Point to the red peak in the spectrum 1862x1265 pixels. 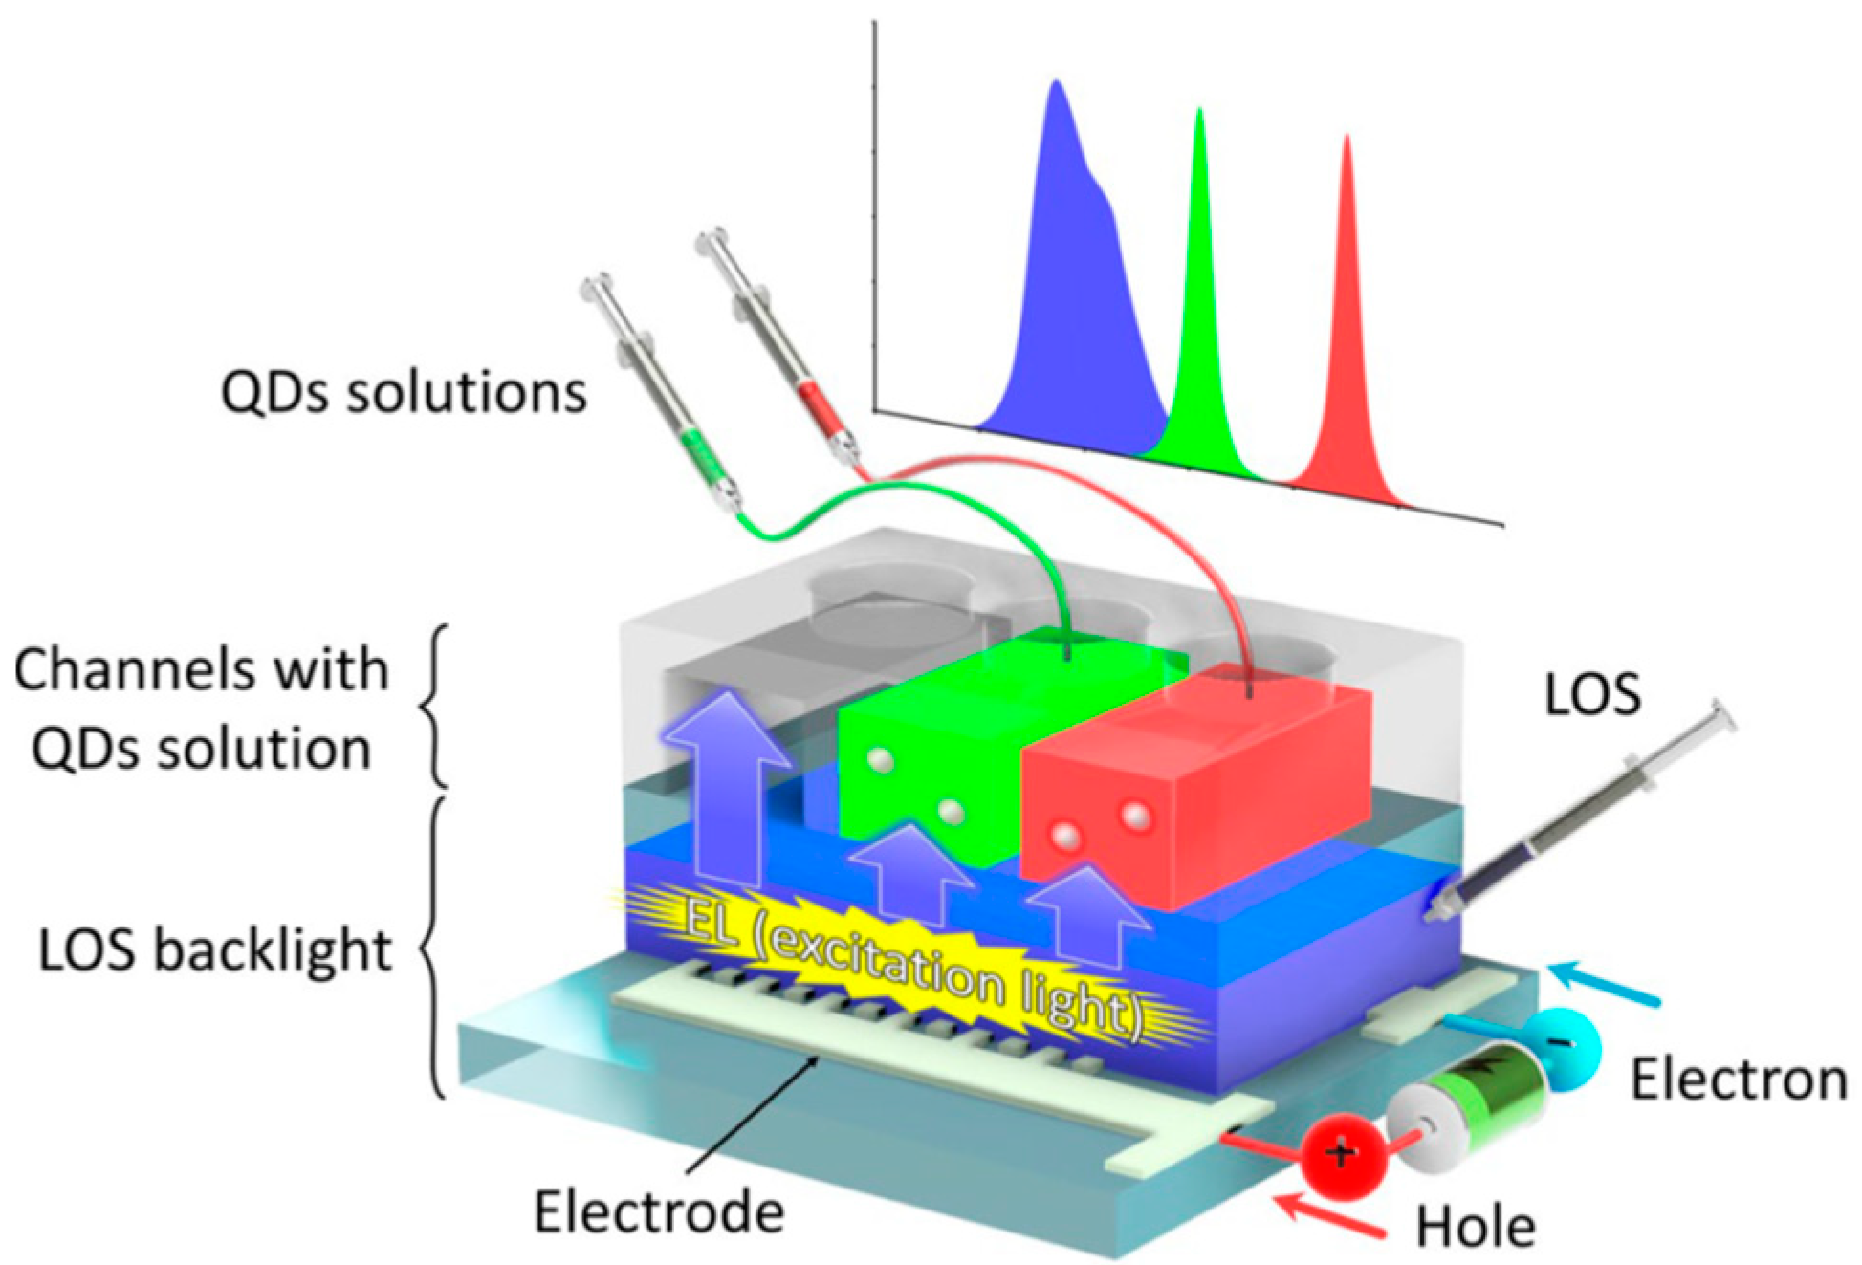(1347, 363)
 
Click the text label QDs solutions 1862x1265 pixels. (403, 392)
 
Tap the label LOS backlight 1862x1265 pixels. (215, 950)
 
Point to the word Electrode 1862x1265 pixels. (659, 1211)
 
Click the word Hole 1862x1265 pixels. (1476, 1226)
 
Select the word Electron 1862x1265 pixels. (1739, 1080)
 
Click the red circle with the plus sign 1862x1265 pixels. (1341, 1155)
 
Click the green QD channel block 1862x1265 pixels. (956, 736)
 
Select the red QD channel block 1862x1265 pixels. (1195, 774)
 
